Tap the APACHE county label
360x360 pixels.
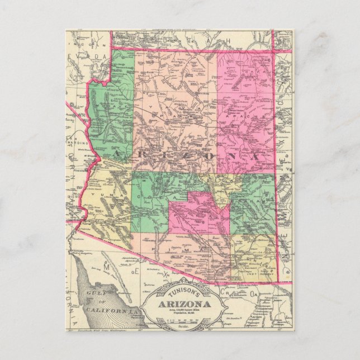coord(246,112)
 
